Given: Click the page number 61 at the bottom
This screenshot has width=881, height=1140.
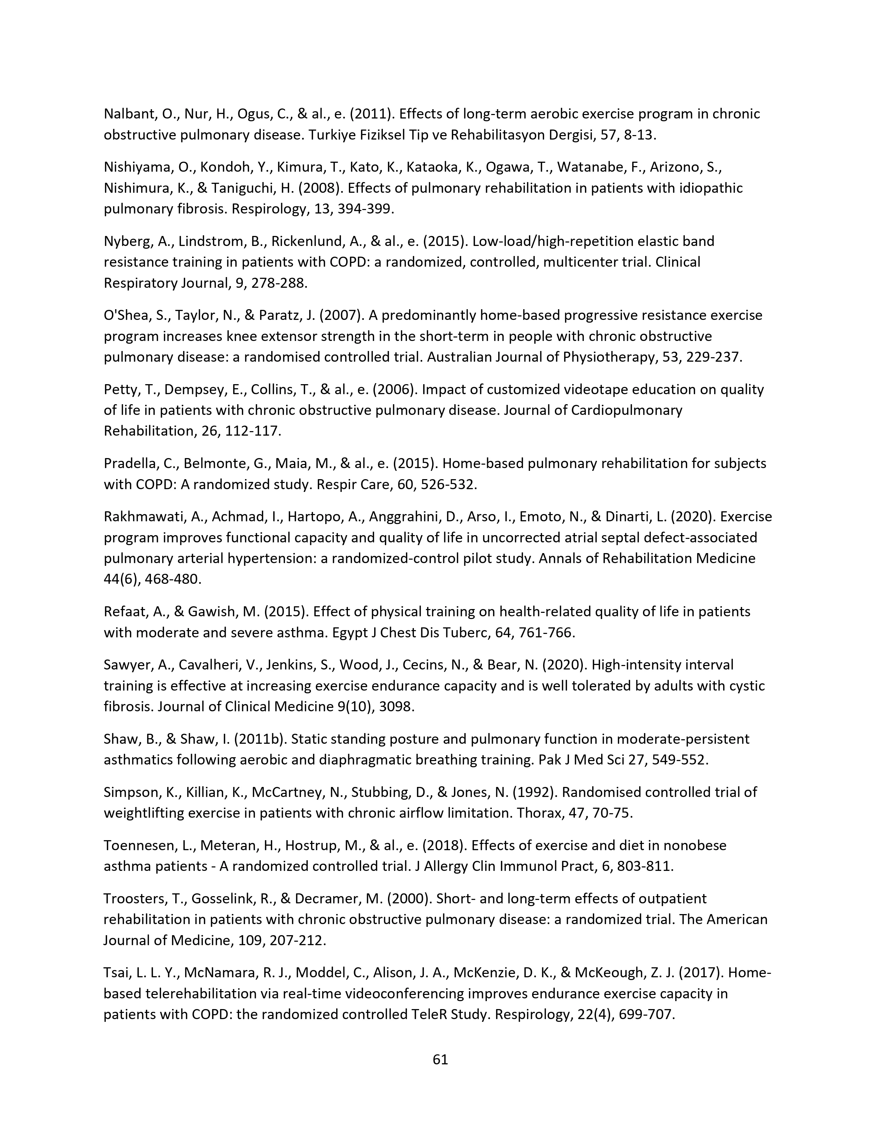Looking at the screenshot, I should [x=441, y=1060].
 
